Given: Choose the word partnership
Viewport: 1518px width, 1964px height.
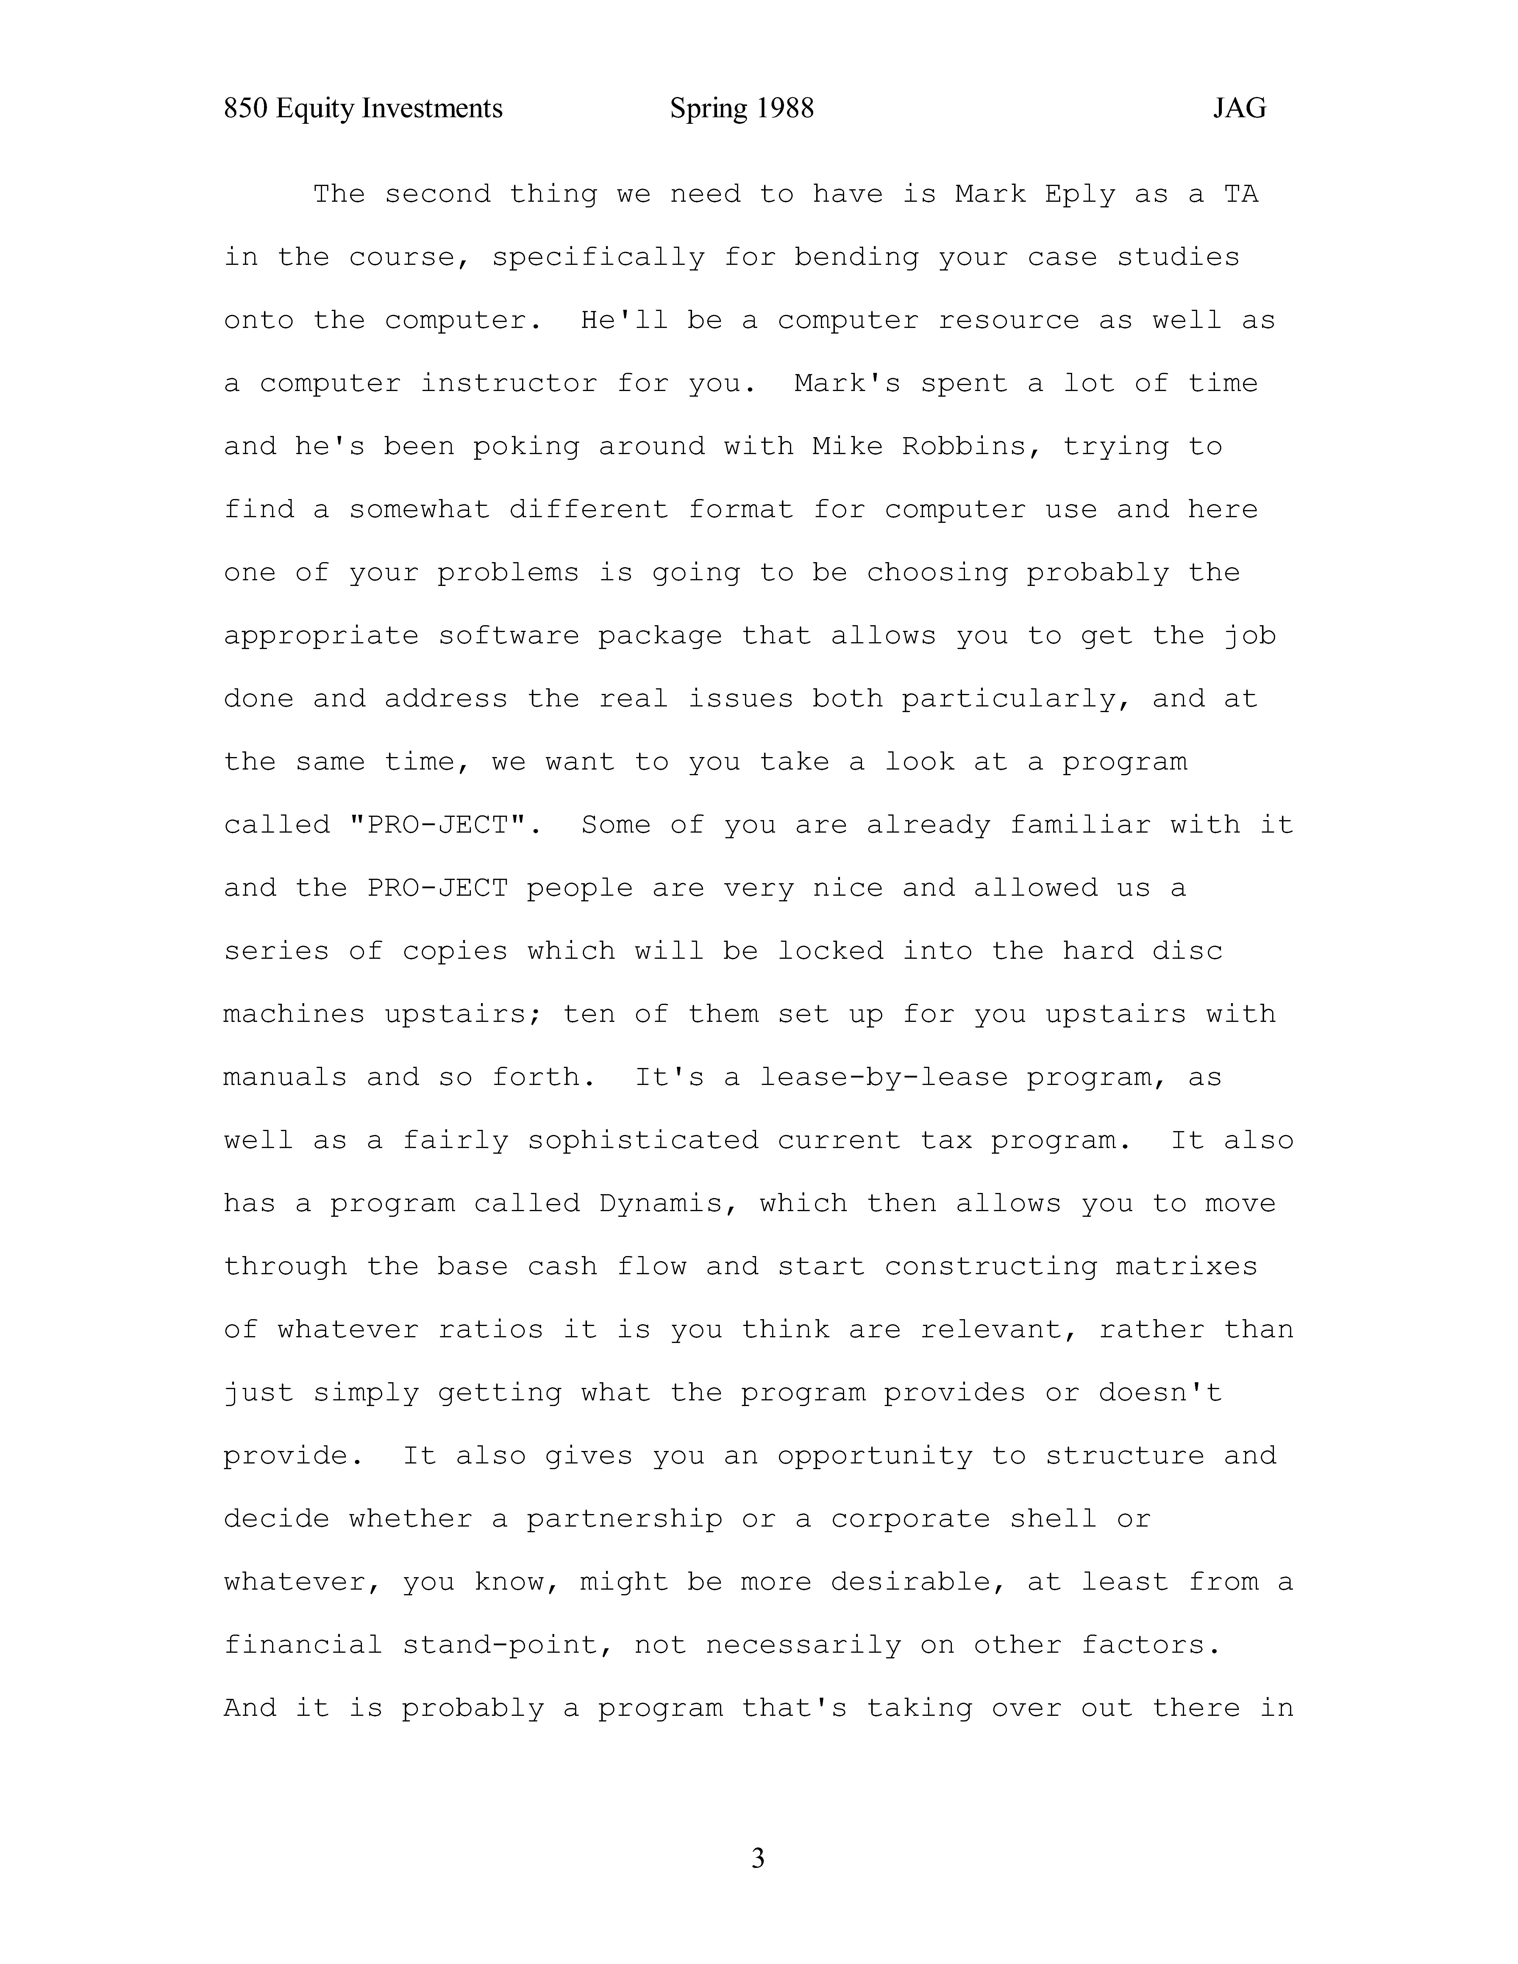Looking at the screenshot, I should (624, 1519).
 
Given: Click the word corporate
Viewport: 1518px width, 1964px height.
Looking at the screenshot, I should (910, 1519).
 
